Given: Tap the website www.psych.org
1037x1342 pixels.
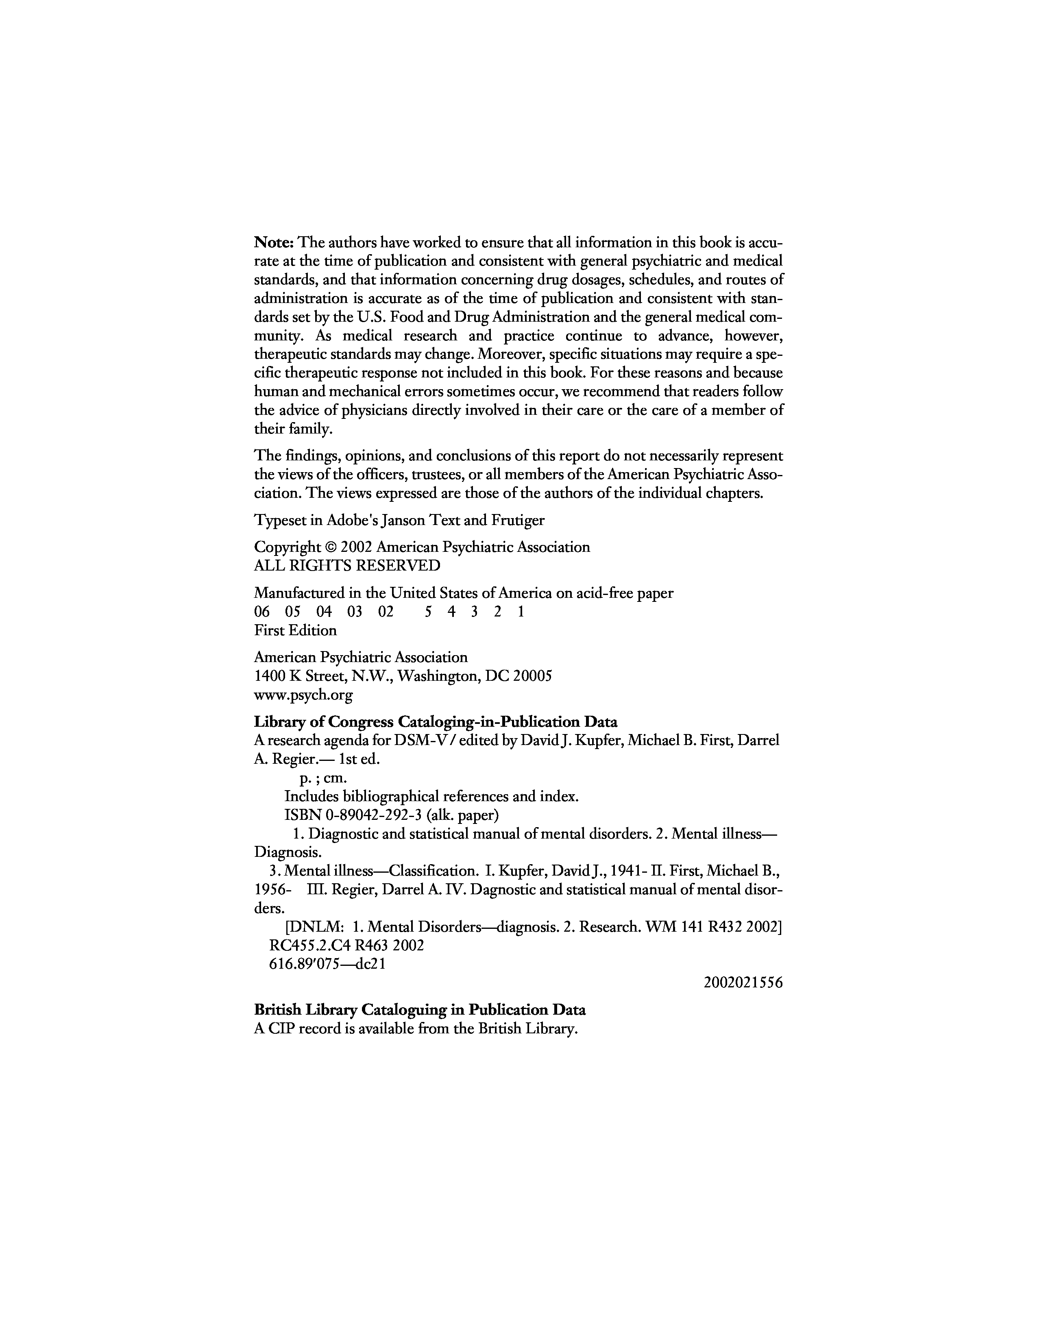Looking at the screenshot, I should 303,695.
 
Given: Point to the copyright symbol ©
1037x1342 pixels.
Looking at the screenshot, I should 330,547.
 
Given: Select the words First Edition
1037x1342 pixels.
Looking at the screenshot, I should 295,630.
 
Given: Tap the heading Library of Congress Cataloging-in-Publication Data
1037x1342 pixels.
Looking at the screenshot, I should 436,721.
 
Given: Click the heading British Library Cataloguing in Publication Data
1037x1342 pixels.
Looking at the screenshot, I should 420,1010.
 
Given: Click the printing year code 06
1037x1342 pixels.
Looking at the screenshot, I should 262,612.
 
